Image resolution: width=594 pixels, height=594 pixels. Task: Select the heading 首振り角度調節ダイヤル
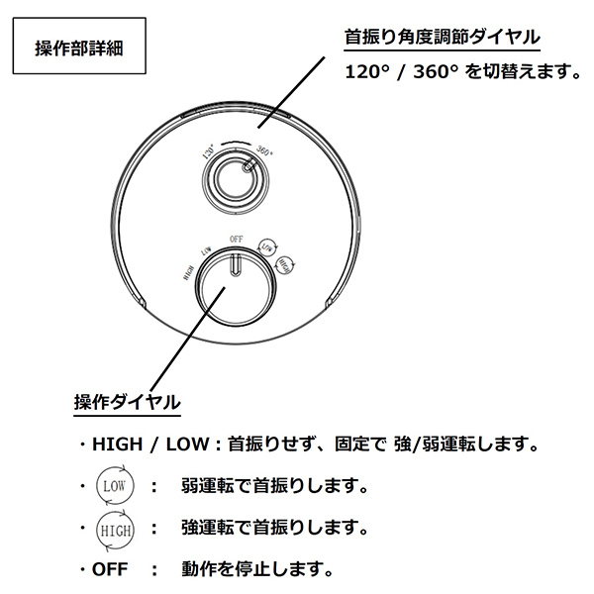pyautogui.click(x=443, y=37)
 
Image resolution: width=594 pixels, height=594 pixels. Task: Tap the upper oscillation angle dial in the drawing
pyautogui.click(x=239, y=178)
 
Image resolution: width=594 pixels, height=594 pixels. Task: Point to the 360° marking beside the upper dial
pyautogui.click(x=264, y=151)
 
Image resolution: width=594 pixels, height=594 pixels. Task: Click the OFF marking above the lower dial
pyautogui.click(x=236, y=239)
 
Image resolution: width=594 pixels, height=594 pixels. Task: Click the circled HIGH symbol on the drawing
pyautogui.click(x=284, y=264)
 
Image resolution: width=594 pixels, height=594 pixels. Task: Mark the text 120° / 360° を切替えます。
pyautogui.click(x=461, y=72)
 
